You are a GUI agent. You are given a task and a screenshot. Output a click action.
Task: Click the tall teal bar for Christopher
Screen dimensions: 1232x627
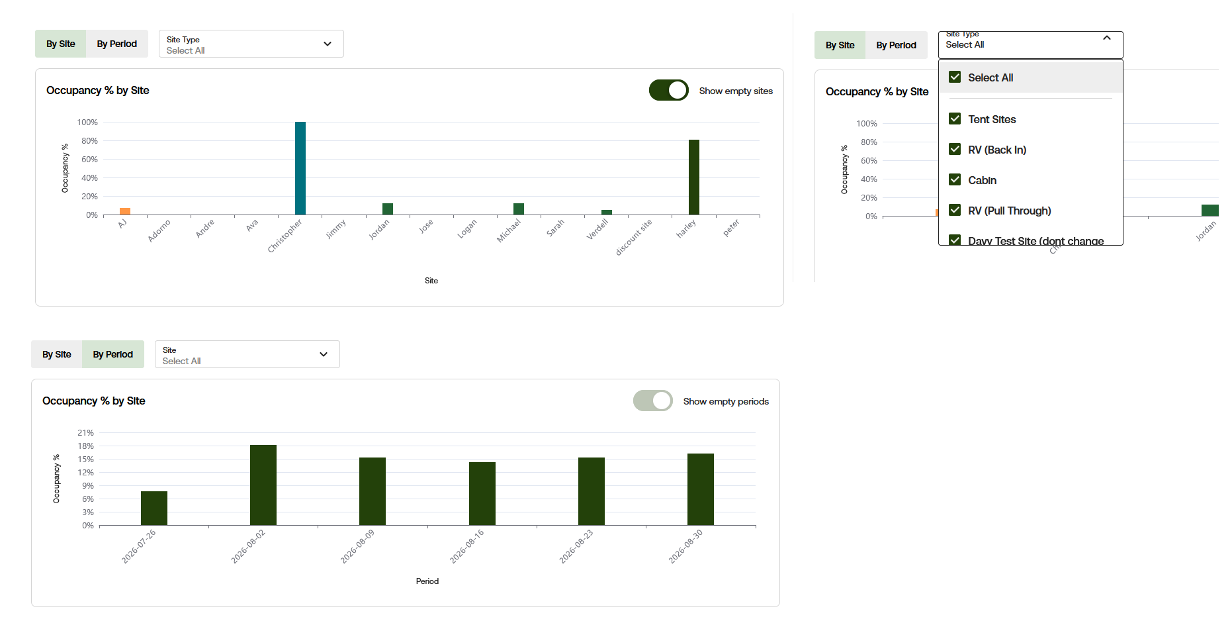click(x=300, y=168)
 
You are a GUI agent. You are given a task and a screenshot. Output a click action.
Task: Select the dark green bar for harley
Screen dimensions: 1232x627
click(x=694, y=177)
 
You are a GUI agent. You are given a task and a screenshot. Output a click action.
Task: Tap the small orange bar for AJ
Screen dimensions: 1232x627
click(x=125, y=211)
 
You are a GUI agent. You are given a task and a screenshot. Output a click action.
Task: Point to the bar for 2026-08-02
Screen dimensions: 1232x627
click(x=263, y=485)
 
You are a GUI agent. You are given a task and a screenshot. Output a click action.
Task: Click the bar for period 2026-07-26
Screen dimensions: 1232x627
click(x=154, y=508)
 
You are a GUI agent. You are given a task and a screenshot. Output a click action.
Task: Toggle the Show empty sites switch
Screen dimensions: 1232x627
click(x=669, y=90)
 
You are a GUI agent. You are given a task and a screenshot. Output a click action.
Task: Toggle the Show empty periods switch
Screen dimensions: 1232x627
click(x=653, y=401)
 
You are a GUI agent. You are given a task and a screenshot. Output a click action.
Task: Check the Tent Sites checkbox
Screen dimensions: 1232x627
click(x=955, y=119)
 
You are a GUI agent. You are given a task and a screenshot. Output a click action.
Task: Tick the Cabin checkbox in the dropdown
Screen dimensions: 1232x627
click(x=955, y=179)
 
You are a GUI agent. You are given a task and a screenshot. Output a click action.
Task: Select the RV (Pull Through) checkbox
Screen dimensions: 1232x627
click(x=955, y=210)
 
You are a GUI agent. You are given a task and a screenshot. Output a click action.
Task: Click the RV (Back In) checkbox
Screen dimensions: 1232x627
click(x=955, y=149)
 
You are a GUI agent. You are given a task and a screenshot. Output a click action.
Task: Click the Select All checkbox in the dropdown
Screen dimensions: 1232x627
click(x=955, y=77)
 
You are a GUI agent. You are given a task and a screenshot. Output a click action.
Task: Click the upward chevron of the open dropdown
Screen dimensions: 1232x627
click(x=1107, y=38)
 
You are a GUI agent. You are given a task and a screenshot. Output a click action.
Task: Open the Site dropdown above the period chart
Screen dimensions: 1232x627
click(x=247, y=354)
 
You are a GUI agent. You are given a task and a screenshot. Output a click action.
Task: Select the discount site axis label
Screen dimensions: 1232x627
click(x=634, y=237)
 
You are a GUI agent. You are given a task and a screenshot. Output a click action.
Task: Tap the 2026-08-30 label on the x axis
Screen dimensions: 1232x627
click(x=685, y=546)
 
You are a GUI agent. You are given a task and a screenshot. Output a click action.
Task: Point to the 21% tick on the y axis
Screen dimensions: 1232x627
click(x=86, y=432)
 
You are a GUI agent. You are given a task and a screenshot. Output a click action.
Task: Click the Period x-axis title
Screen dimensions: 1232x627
click(x=427, y=581)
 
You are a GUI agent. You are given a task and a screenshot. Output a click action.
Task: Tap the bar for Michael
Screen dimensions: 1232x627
click(x=519, y=209)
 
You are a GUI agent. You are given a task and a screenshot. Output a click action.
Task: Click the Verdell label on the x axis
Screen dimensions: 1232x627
click(x=597, y=229)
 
